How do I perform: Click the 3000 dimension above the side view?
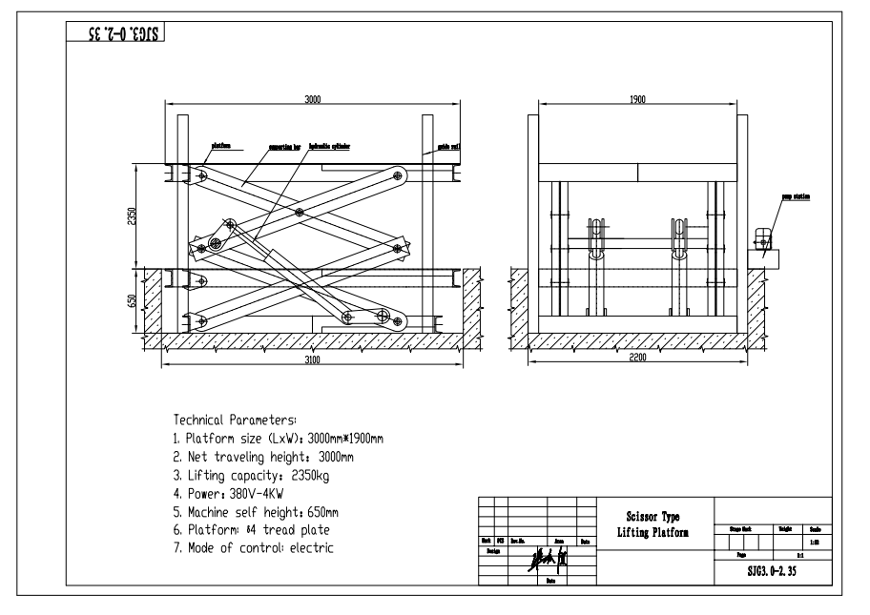tap(312, 98)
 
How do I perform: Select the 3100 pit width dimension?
tap(312, 360)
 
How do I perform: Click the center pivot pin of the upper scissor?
tap(300, 211)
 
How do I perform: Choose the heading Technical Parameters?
tap(236, 420)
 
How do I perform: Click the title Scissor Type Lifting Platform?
tap(652, 523)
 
